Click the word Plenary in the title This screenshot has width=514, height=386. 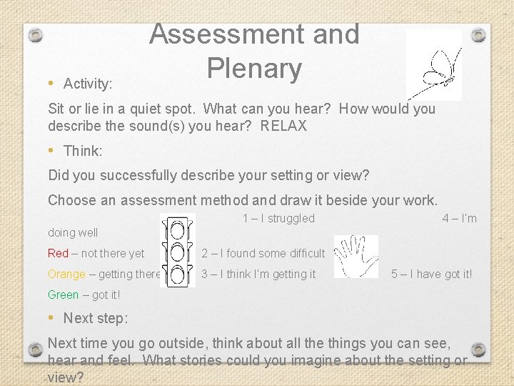coord(254,68)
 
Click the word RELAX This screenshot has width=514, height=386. coord(283,127)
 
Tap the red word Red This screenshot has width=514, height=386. coord(58,253)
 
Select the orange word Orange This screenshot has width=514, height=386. coord(66,274)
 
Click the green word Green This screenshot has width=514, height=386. coord(63,295)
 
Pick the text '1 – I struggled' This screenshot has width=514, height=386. coord(278,218)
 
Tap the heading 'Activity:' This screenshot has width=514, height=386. coord(88,84)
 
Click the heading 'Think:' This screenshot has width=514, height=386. coord(83,151)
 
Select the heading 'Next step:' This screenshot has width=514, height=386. coord(96,318)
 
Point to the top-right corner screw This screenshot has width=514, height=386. coord(479,34)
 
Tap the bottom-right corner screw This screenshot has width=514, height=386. coord(479,350)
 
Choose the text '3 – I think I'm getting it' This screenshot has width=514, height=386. coord(258,274)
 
